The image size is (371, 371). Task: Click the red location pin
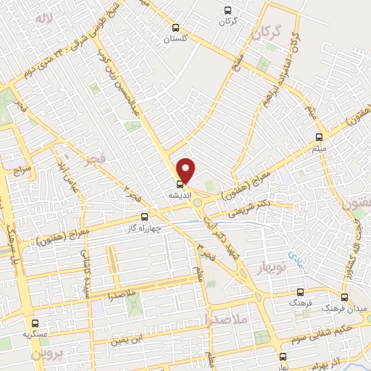[x=186, y=170]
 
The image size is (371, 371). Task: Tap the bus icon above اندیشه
[x=180, y=183]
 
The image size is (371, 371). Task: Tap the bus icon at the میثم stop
[x=319, y=136]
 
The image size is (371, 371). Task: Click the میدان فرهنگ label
[x=347, y=309]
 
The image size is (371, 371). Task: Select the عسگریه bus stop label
[x=35, y=335]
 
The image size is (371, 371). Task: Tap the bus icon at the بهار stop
[x=283, y=356]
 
